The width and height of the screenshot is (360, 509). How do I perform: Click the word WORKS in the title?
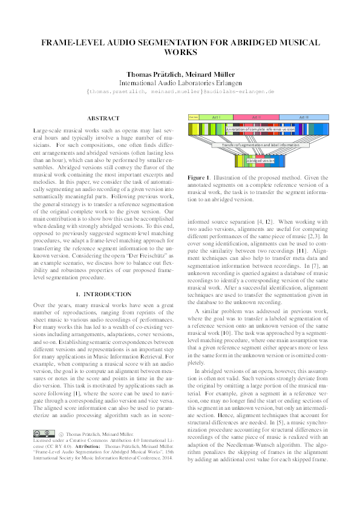click(x=180, y=53)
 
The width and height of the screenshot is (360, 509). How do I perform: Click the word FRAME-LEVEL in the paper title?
click(x=71, y=43)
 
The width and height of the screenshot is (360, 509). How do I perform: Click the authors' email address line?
click(x=180, y=91)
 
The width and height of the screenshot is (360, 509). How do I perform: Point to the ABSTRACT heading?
click(x=103, y=118)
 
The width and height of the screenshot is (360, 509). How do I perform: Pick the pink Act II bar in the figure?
click(x=256, y=117)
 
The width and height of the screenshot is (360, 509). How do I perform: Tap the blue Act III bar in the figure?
click(x=304, y=117)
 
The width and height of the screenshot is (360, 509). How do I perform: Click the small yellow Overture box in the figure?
click(x=194, y=117)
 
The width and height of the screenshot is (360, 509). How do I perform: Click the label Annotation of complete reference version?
click(x=260, y=129)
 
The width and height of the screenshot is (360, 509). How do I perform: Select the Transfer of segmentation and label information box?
click(x=260, y=145)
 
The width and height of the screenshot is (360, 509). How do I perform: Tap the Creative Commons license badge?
click(x=42, y=467)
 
